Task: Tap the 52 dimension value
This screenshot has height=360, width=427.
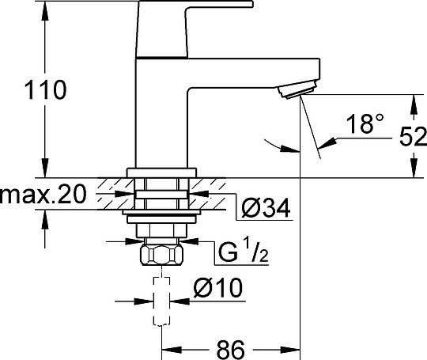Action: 410,137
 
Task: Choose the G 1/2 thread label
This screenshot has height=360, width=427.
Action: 241,255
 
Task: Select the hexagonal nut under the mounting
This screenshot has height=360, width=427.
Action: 162,256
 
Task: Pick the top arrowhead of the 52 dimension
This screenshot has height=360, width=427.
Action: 411,101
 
